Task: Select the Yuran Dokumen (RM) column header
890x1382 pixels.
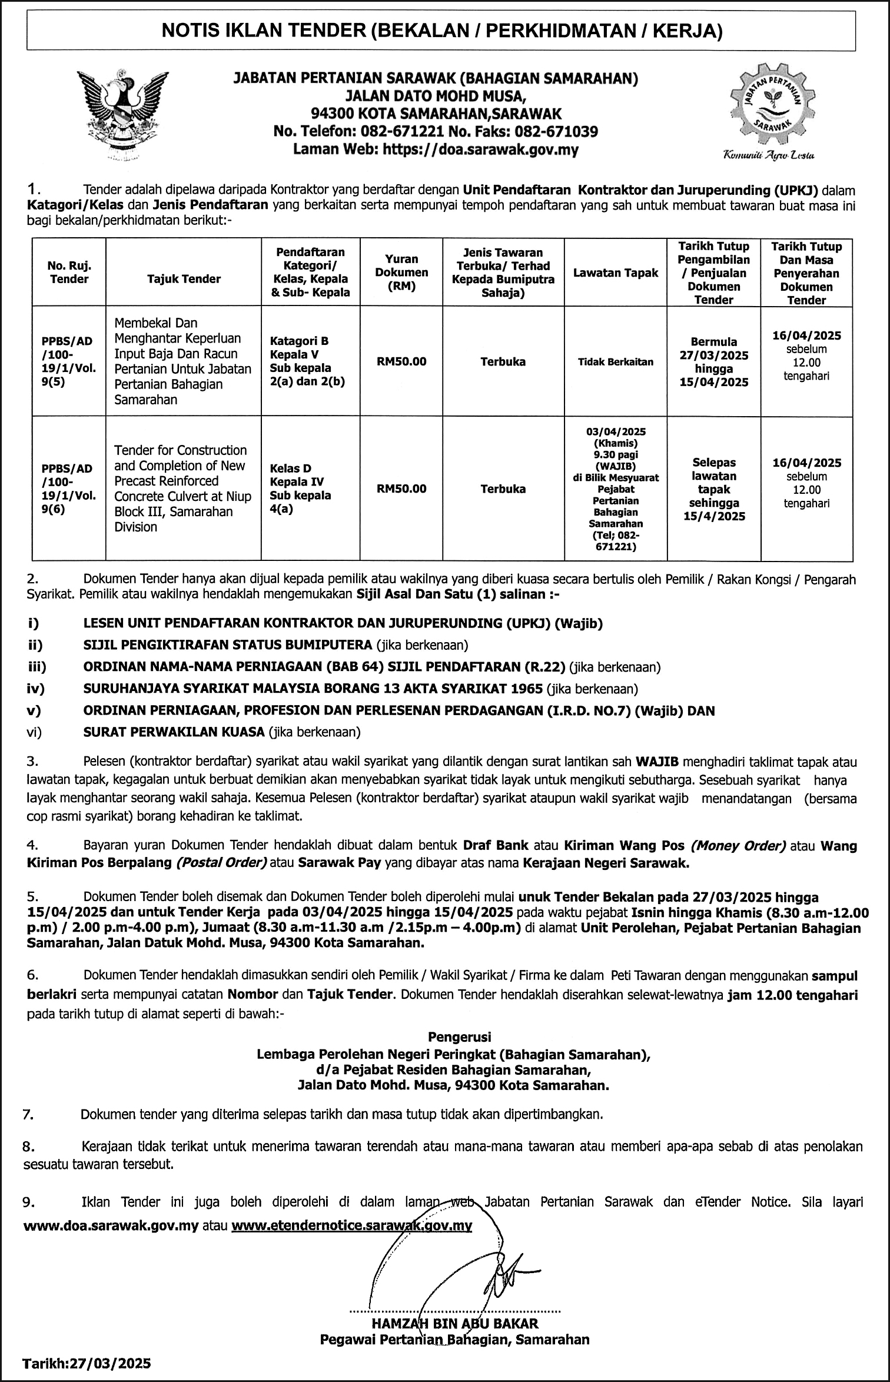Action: click(x=401, y=273)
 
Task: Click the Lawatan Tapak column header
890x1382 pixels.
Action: click(x=616, y=273)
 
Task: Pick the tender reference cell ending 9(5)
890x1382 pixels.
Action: click(x=69, y=361)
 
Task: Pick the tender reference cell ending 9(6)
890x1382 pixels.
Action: click(x=69, y=489)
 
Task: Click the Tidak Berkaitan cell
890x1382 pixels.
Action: click(x=616, y=362)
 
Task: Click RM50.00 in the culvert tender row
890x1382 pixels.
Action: click(x=401, y=489)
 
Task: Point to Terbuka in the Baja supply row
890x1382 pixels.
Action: click(x=503, y=361)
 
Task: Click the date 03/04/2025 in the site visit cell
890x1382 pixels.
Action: click(x=616, y=431)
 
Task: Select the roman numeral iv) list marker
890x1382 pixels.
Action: click(x=35, y=689)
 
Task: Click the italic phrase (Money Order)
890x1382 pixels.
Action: click(x=738, y=846)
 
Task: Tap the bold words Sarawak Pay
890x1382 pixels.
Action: click(x=334, y=863)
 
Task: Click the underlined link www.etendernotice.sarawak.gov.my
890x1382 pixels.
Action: click(x=352, y=1226)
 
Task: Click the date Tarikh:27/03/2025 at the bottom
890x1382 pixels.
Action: click(x=87, y=1363)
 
